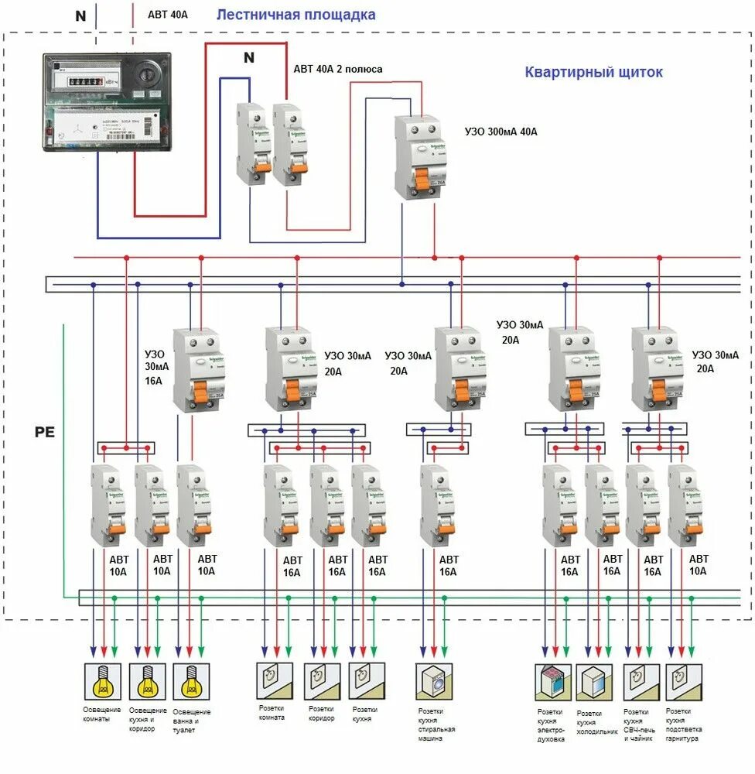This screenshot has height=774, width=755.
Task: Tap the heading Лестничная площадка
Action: pyautogui.click(x=296, y=15)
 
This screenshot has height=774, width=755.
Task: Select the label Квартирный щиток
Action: pyautogui.click(x=593, y=72)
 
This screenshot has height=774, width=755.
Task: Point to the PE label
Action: pyautogui.click(x=45, y=432)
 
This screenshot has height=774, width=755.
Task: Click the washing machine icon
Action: pyautogui.click(x=434, y=682)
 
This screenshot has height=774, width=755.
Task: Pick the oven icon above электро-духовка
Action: pyautogui.click(x=552, y=682)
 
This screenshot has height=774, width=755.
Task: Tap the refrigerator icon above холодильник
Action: pyautogui.click(x=595, y=682)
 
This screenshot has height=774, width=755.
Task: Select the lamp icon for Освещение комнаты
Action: pyautogui.click(x=101, y=682)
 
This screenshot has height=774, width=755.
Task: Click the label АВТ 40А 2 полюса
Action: pyautogui.click(x=337, y=69)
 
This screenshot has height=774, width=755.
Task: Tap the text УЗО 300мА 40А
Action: pyautogui.click(x=500, y=132)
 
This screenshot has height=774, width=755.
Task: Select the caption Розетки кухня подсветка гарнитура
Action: pyautogui.click(x=684, y=724)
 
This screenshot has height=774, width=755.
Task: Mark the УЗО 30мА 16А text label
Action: pyautogui.click(x=155, y=366)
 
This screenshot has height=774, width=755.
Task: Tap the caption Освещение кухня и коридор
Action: pyautogui.click(x=146, y=719)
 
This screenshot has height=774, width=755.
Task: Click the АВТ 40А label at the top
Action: pyautogui.click(x=168, y=15)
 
